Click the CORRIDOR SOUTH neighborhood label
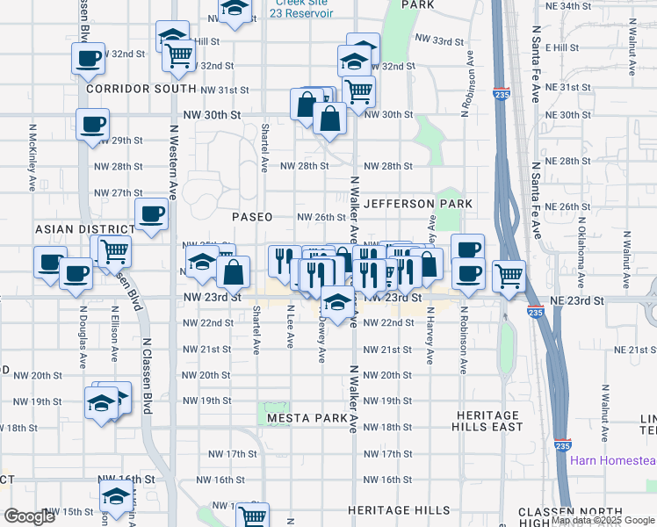tap(141, 90)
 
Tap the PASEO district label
tap(252, 216)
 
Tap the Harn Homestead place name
tap(612, 461)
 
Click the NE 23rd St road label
tap(576, 300)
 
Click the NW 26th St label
tap(321, 217)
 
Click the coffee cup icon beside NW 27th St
tap(151, 213)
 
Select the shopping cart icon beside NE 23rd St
tap(509, 275)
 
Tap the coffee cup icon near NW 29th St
tap(92, 124)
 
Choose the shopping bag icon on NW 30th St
tap(330, 118)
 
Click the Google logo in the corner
tap(29, 516)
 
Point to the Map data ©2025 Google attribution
tap(603, 520)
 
